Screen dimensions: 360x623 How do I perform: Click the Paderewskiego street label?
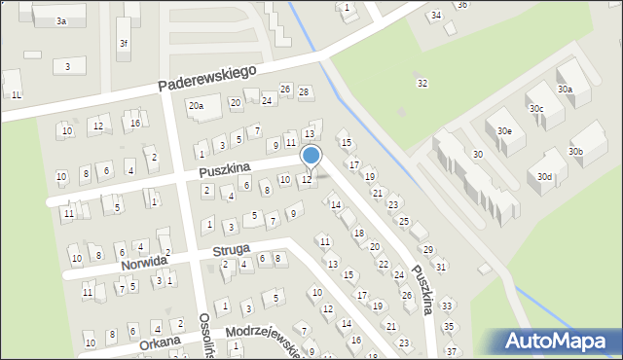click(208, 79)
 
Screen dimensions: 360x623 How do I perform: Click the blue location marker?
click(311, 156)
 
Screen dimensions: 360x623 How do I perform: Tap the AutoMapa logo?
click(558, 341)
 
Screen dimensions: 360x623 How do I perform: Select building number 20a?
click(196, 105)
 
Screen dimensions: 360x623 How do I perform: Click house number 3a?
click(60, 20)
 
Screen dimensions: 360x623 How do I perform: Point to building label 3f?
click(123, 44)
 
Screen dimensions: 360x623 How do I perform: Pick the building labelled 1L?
click(17, 94)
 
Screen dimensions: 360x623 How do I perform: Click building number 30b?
click(575, 152)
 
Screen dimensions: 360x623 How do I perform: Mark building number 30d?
click(544, 177)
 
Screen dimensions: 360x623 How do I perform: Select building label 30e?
click(504, 130)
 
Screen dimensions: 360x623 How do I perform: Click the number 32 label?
click(421, 83)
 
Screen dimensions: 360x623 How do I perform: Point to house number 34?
click(435, 16)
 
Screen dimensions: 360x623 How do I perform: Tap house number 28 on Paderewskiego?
click(304, 92)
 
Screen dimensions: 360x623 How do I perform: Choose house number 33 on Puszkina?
click(447, 306)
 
